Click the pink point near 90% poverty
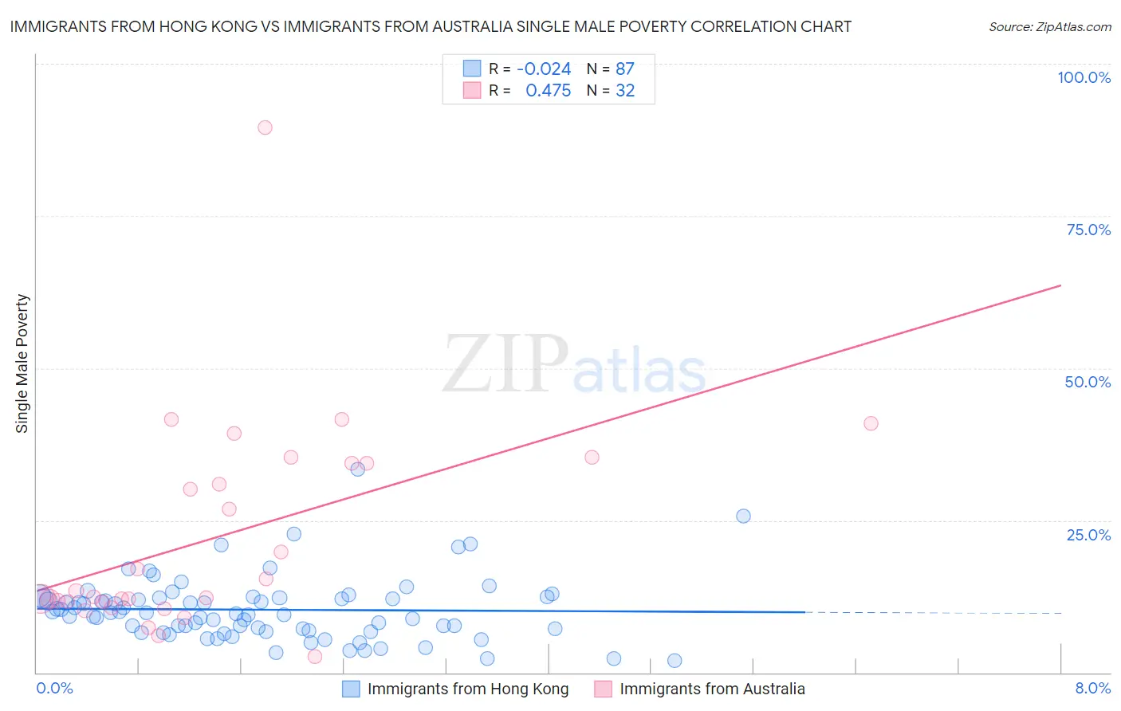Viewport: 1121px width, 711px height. pyautogui.click(x=265, y=128)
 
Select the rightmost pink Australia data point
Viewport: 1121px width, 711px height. pyautogui.click(x=871, y=423)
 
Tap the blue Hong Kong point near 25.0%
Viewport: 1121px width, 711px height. pyautogui.click(x=743, y=516)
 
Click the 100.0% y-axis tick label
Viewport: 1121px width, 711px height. pyautogui.click(x=1084, y=77)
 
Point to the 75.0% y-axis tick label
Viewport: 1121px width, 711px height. pyautogui.click(x=1088, y=230)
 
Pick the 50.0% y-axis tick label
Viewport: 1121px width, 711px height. pyautogui.click(x=1088, y=382)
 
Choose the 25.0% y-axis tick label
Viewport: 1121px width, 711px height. pyautogui.click(x=1088, y=534)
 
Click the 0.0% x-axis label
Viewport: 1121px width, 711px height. pyautogui.click(x=54, y=688)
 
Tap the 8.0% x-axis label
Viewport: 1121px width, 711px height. pyautogui.click(x=1092, y=688)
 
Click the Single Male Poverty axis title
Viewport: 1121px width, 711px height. pyautogui.click(x=22, y=363)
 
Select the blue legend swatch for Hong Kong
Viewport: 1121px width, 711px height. pyautogui.click(x=352, y=689)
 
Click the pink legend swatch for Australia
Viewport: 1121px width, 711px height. pyautogui.click(x=604, y=689)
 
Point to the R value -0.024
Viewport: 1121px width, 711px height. pyautogui.click(x=544, y=69)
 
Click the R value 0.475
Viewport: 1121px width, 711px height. pyautogui.click(x=548, y=91)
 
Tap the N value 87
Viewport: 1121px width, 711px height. pyautogui.click(x=625, y=69)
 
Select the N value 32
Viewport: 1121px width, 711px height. pyautogui.click(x=625, y=91)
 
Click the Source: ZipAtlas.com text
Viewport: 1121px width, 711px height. pyautogui.click(x=1049, y=27)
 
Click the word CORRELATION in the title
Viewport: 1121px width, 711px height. pyautogui.click(x=742, y=26)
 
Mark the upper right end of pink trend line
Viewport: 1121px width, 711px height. pyautogui.click(x=1060, y=285)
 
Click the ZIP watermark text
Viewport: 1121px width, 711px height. pyautogui.click(x=505, y=365)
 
